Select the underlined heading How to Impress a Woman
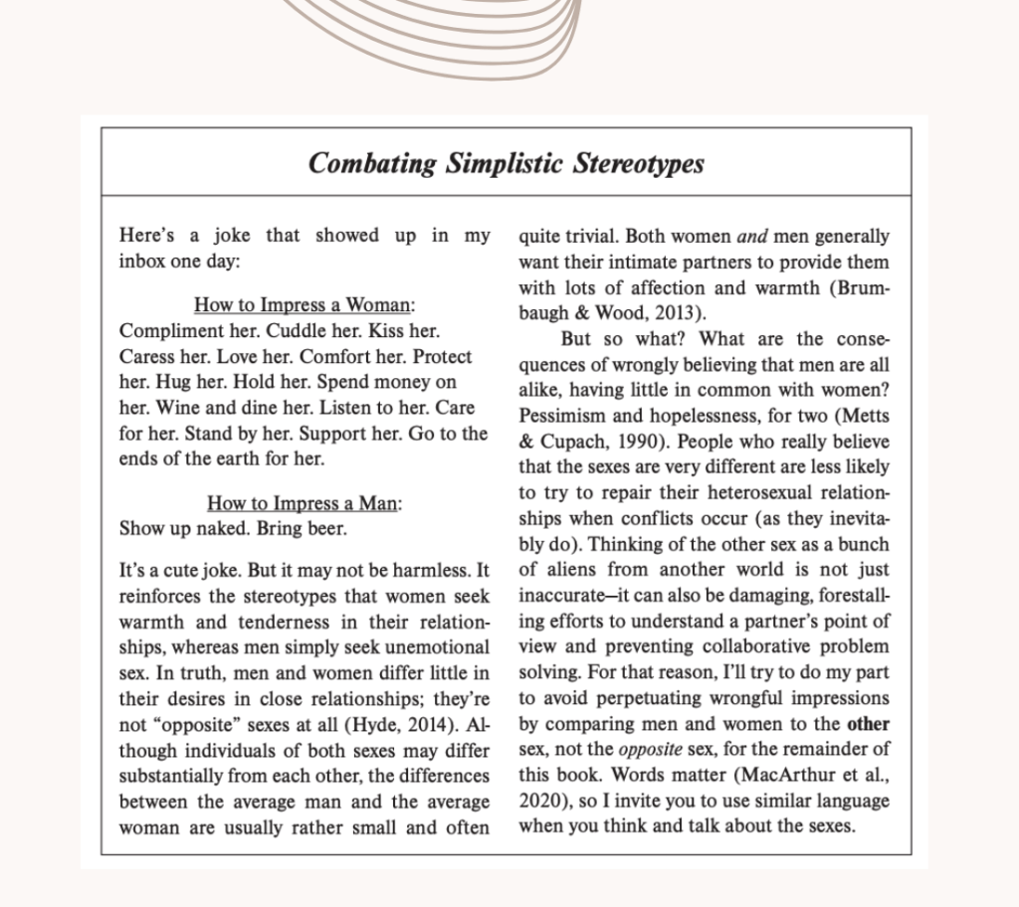(305, 305)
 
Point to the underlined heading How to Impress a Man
(305, 503)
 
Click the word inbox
(145, 261)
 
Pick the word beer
(326, 528)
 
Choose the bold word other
(869, 723)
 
